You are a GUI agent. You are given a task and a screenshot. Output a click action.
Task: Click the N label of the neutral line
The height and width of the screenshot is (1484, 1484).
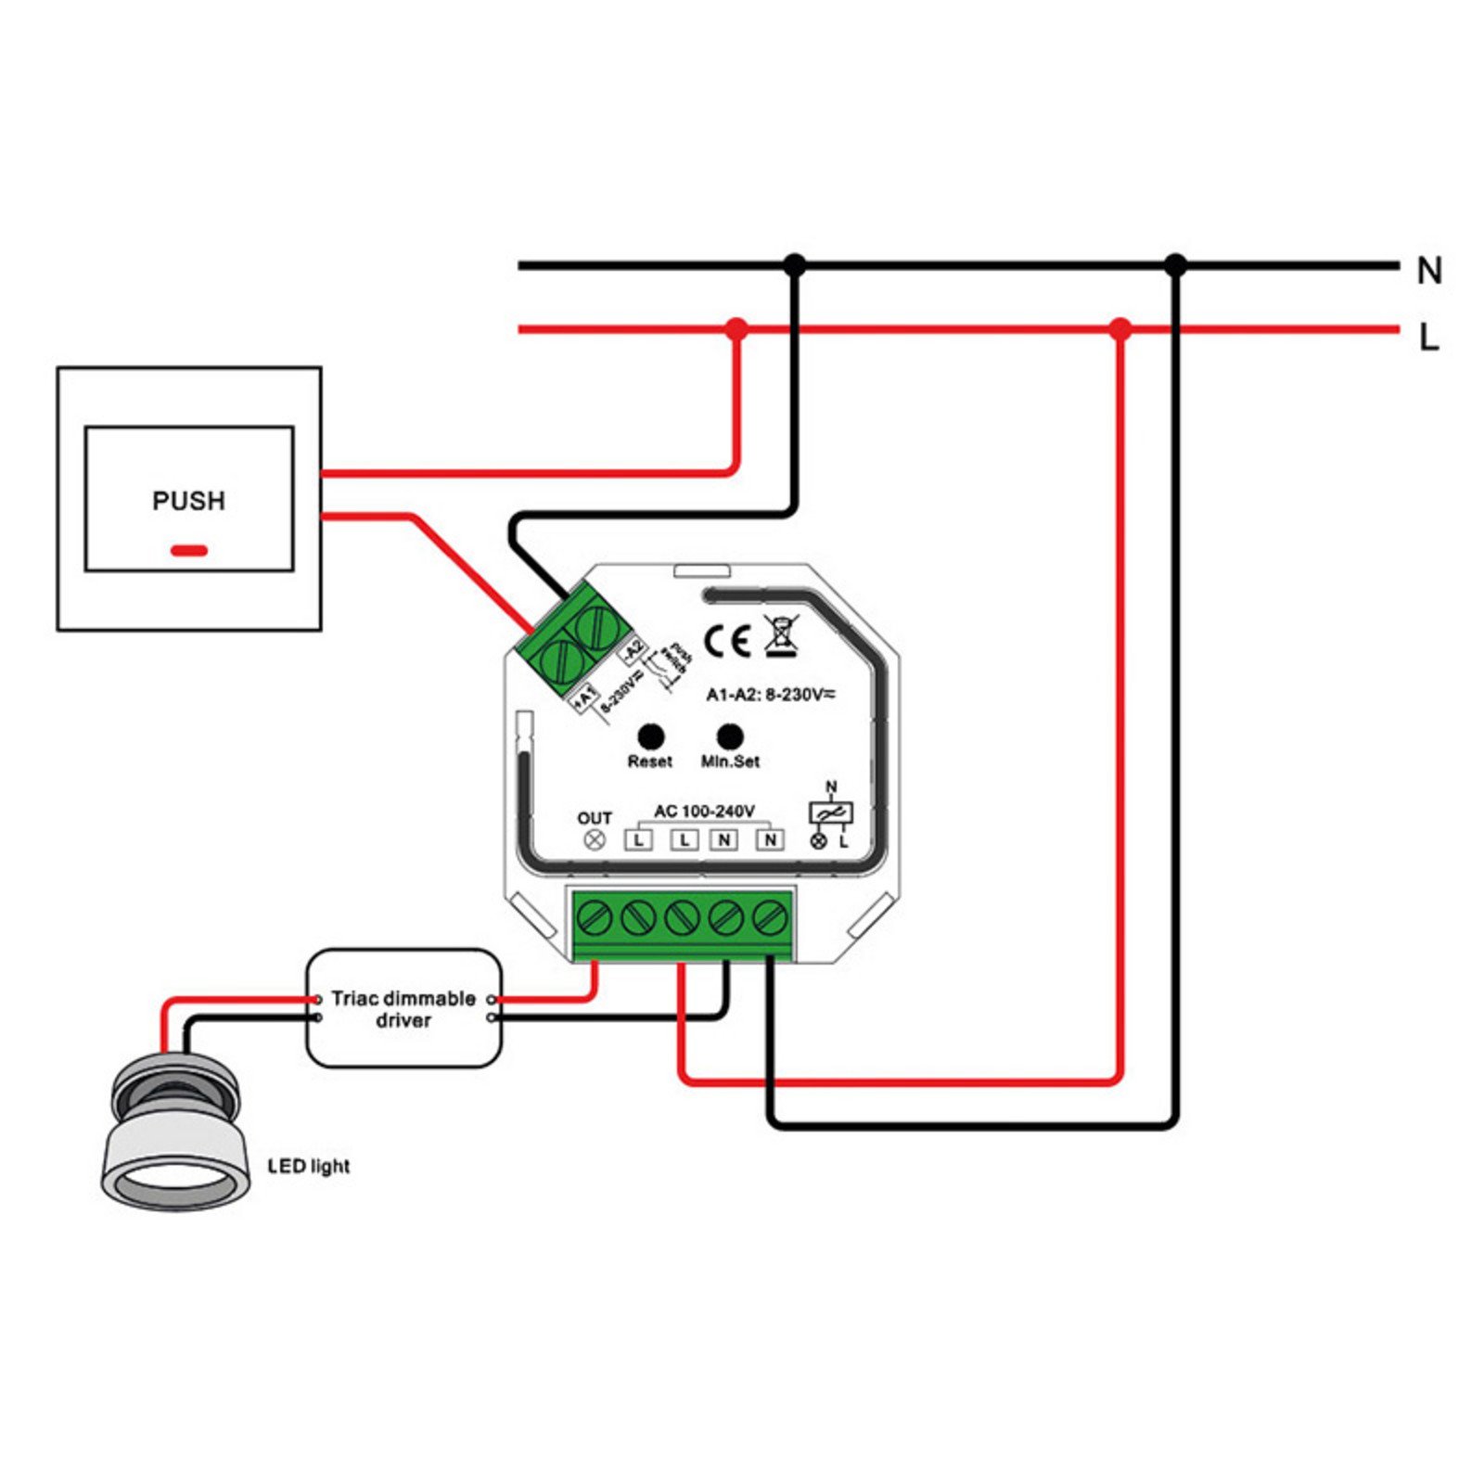[x=1429, y=271]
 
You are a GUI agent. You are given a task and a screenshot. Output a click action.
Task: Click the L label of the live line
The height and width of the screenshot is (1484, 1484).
[x=1429, y=339]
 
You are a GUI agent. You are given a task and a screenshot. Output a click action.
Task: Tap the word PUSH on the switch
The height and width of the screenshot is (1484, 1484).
[x=188, y=501]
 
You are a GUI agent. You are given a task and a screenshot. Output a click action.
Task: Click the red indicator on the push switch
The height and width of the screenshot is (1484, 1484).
[x=189, y=551]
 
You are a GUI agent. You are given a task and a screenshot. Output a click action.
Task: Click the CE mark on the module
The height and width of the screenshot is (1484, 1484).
[x=727, y=642]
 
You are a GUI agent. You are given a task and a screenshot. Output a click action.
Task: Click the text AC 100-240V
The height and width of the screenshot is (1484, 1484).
[x=704, y=812]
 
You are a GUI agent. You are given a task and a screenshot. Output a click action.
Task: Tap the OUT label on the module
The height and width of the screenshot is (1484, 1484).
[x=594, y=818]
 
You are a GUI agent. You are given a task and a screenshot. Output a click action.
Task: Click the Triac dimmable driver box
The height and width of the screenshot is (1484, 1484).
[x=403, y=1008]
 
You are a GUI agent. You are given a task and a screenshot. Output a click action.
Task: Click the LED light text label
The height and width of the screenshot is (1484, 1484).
[x=309, y=1167]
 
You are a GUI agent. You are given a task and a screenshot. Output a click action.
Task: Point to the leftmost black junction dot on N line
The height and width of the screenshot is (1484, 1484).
[x=794, y=265]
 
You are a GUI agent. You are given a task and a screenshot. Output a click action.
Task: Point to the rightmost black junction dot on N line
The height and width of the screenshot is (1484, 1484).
[x=1175, y=265]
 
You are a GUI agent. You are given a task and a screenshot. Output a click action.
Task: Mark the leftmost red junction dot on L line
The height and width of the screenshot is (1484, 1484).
[x=736, y=328]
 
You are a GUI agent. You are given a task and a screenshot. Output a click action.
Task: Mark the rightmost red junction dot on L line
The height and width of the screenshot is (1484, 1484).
[x=1120, y=328]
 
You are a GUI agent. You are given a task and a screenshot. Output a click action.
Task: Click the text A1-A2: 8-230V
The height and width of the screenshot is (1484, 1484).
[x=769, y=695]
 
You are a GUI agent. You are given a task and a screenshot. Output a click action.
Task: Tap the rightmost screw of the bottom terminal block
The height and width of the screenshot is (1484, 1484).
[x=769, y=919]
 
